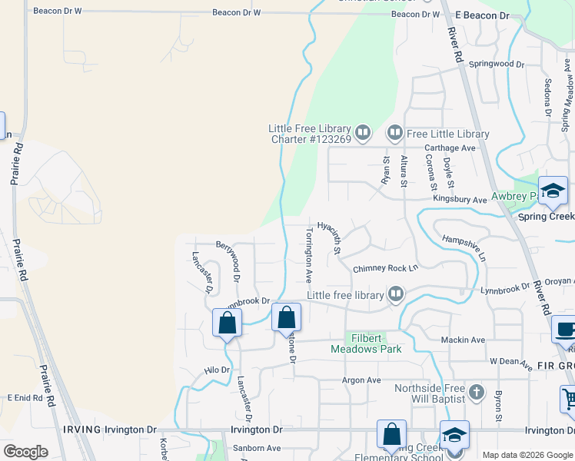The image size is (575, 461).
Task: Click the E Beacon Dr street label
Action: (x=482, y=15)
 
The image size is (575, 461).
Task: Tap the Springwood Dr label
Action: (x=496, y=65)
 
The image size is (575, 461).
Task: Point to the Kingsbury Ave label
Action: (x=460, y=200)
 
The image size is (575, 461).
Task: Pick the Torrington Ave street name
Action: (x=308, y=254)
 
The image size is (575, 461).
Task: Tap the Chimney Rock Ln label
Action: (x=384, y=268)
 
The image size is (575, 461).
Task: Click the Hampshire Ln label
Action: (x=464, y=246)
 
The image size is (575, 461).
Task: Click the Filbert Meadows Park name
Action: (x=366, y=343)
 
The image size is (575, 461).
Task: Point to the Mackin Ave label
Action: (x=463, y=340)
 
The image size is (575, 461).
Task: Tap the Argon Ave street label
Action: (x=361, y=380)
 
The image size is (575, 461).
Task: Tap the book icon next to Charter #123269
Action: (x=362, y=134)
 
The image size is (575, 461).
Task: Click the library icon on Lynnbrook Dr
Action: (x=396, y=294)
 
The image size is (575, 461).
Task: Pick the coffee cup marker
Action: (x=565, y=329)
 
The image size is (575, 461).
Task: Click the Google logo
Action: (x=25, y=452)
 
